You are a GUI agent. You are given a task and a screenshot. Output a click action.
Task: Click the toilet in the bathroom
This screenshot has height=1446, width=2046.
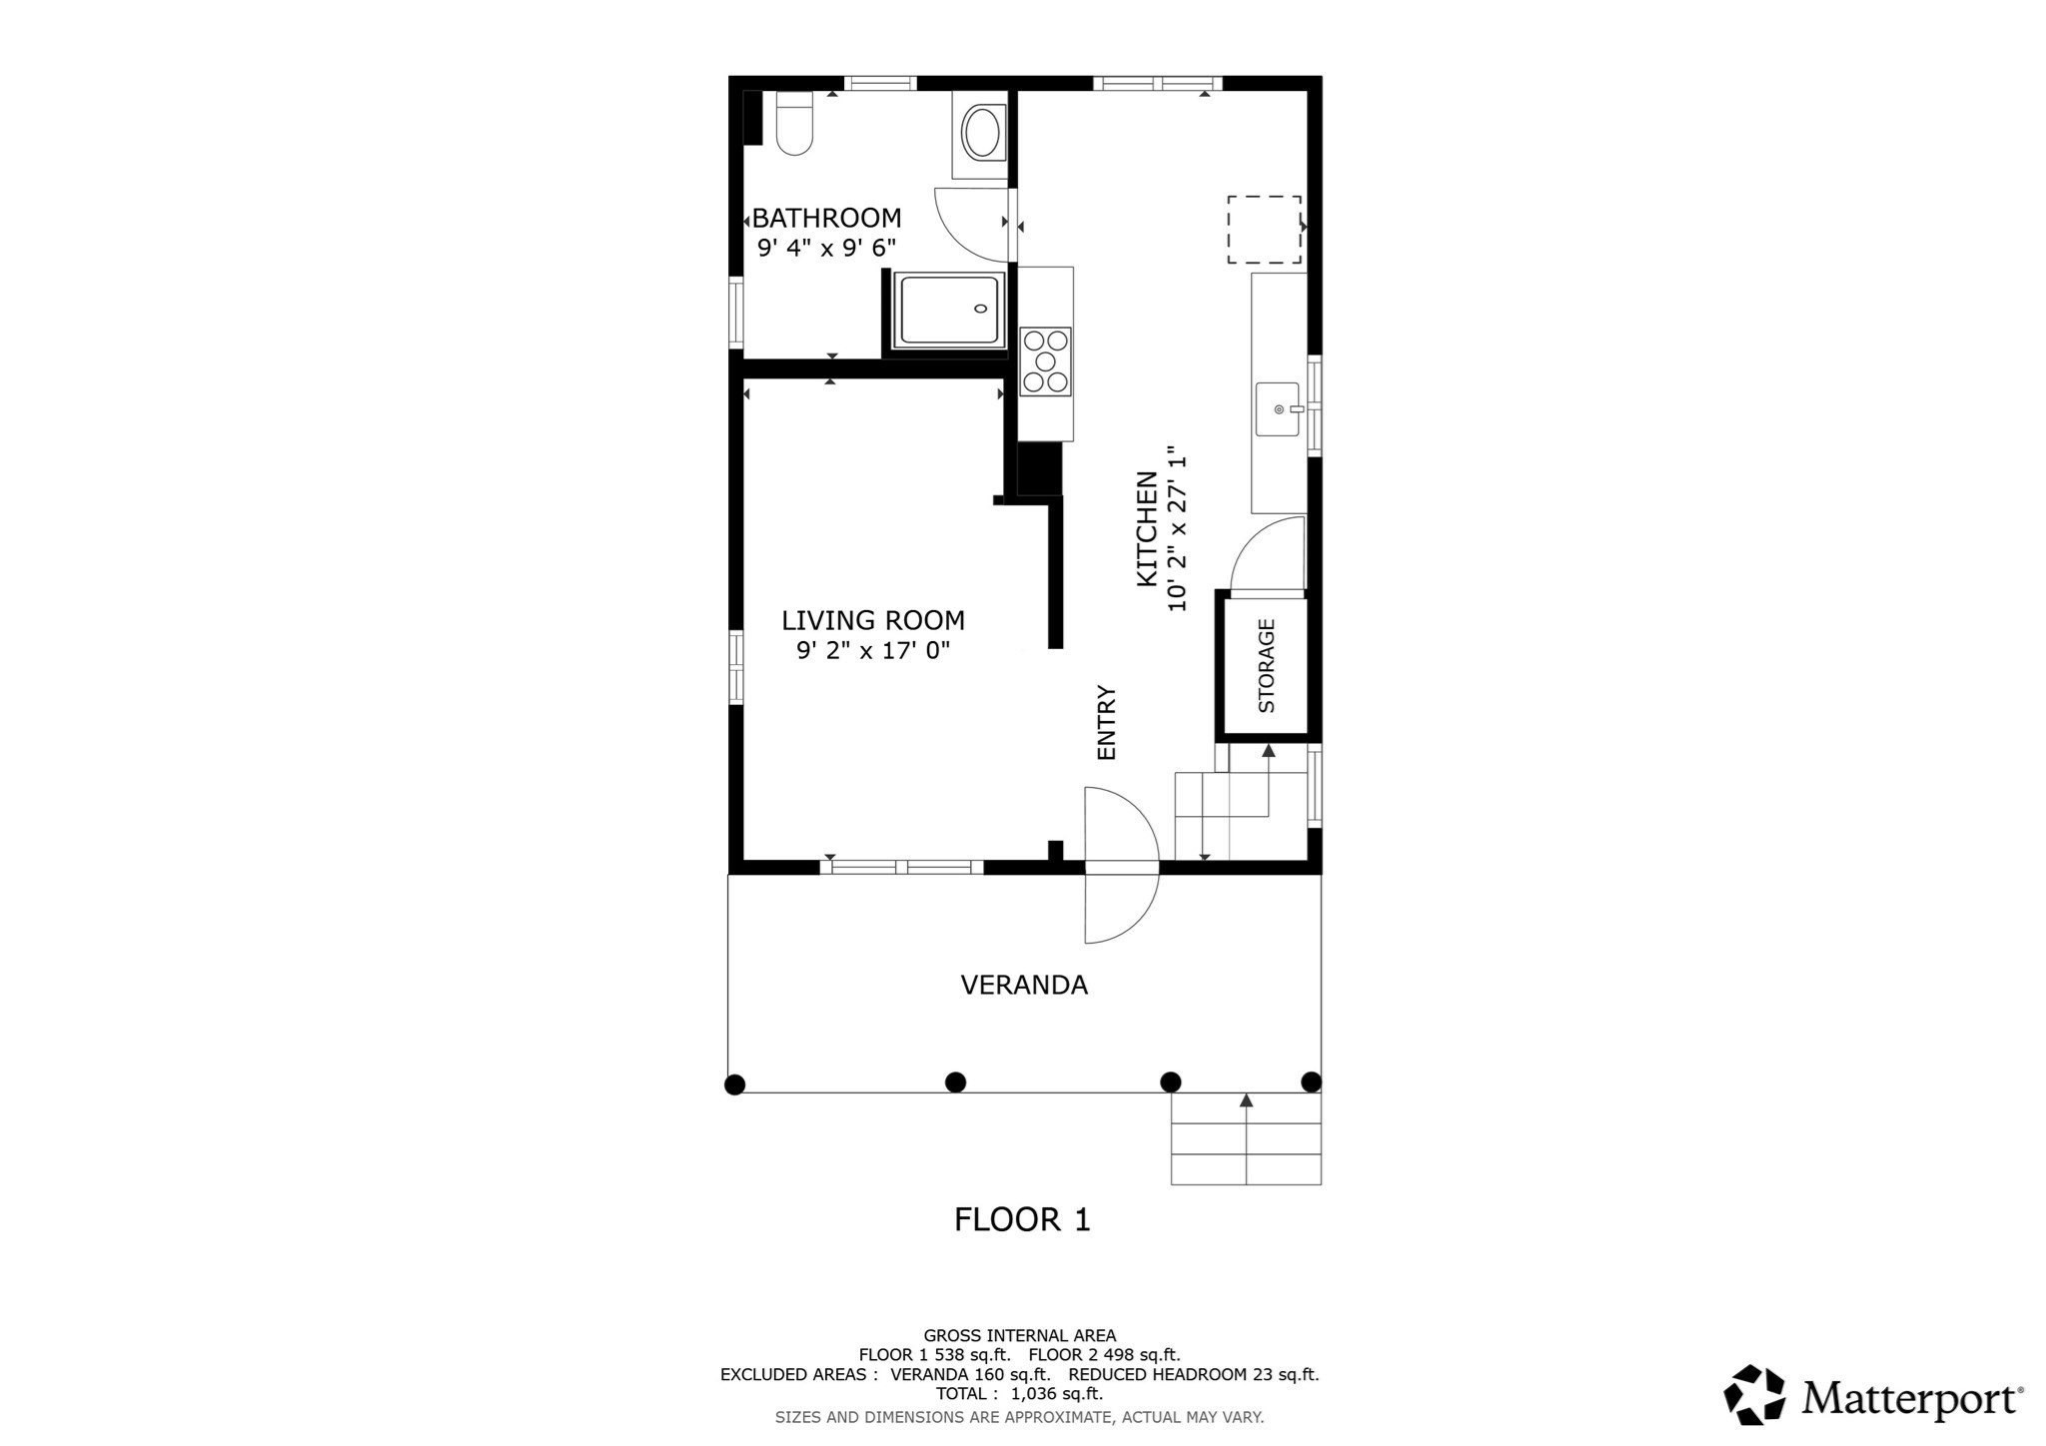pyautogui.click(x=795, y=126)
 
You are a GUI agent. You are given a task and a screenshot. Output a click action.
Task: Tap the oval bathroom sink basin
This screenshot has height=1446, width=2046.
pyautogui.click(x=981, y=134)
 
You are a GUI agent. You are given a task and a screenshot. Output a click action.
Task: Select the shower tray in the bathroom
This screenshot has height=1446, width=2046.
pyautogui.click(x=950, y=311)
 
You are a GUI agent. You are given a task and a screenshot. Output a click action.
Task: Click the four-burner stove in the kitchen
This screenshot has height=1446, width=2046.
pyautogui.click(x=1046, y=361)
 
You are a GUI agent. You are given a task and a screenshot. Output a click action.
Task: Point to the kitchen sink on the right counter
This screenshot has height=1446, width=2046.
pyautogui.click(x=1278, y=409)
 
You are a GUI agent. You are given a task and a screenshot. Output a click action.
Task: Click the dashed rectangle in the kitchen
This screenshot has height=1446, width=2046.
pyautogui.click(x=1264, y=230)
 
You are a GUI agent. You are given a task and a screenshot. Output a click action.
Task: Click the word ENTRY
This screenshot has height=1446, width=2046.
pyautogui.click(x=1106, y=722)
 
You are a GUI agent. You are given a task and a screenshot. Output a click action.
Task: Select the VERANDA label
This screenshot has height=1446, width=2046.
pyautogui.click(x=1023, y=986)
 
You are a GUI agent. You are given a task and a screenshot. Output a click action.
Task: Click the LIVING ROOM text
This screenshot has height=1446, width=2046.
pyautogui.click(x=872, y=620)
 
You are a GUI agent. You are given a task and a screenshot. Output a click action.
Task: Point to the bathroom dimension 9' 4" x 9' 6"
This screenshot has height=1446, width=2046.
pyautogui.click(x=826, y=248)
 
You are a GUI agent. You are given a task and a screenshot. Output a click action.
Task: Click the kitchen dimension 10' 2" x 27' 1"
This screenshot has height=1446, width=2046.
pyautogui.click(x=1178, y=528)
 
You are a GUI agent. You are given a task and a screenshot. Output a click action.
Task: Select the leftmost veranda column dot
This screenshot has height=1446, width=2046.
pyautogui.click(x=734, y=1084)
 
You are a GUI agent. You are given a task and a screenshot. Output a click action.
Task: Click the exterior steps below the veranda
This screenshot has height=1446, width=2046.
pyautogui.click(x=1246, y=1139)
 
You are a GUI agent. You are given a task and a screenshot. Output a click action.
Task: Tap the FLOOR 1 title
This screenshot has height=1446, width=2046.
pyautogui.click(x=1022, y=1219)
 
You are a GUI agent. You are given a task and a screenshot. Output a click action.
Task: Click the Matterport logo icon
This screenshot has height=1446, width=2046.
pyautogui.click(x=1754, y=1394)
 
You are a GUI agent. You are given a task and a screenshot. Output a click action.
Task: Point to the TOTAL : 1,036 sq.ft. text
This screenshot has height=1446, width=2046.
pyautogui.click(x=1019, y=1393)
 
